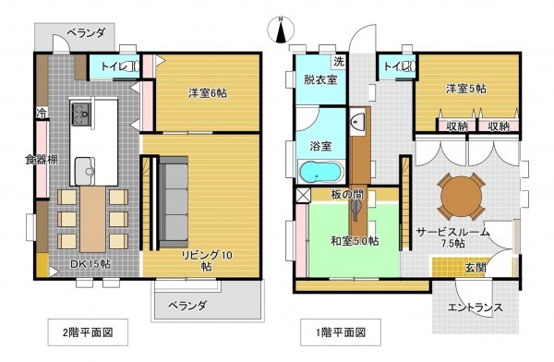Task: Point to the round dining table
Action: click(x=462, y=194)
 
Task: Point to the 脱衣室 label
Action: click(x=319, y=80)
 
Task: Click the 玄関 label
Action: click(x=475, y=268)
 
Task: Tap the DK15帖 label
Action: click(x=78, y=263)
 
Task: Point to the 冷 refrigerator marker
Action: click(x=42, y=114)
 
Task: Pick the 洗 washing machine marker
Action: click(x=339, y=62)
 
